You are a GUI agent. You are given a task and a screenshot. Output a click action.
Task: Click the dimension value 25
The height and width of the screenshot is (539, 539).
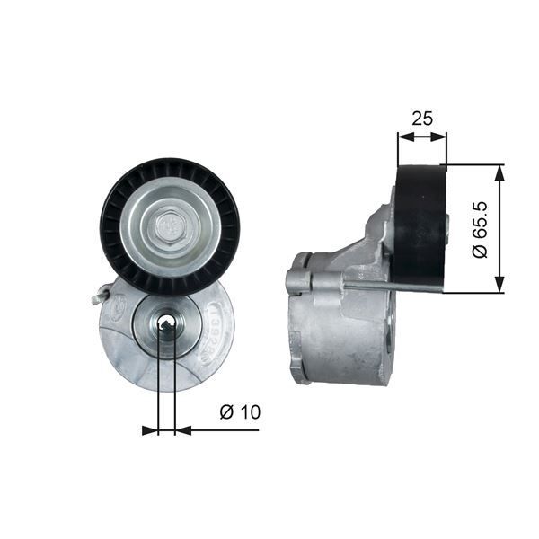pyautogui.click(x=422, y=118)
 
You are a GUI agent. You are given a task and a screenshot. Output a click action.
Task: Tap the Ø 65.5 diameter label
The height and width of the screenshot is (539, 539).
pyautogui.click(x=481, y=229)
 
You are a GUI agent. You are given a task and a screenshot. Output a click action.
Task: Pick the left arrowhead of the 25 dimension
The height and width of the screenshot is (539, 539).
pyautogui.click(x=402, y=137)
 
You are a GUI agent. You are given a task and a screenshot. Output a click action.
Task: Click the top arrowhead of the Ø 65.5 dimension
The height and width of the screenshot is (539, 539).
pyautogui.click(x=500, y=172)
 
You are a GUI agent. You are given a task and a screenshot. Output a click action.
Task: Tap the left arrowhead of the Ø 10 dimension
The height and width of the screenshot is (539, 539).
pyautogui.click(x=150, y=430)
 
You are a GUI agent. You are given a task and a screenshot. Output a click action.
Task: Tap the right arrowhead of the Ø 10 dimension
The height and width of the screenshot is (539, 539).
pyautogui.click(x=182, y=430)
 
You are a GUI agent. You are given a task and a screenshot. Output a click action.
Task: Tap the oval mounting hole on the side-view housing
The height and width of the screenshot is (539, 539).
pyautogui.click(x=388, y=340)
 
